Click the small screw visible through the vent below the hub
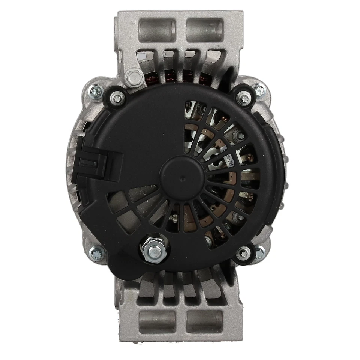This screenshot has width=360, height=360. click(175, 216)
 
